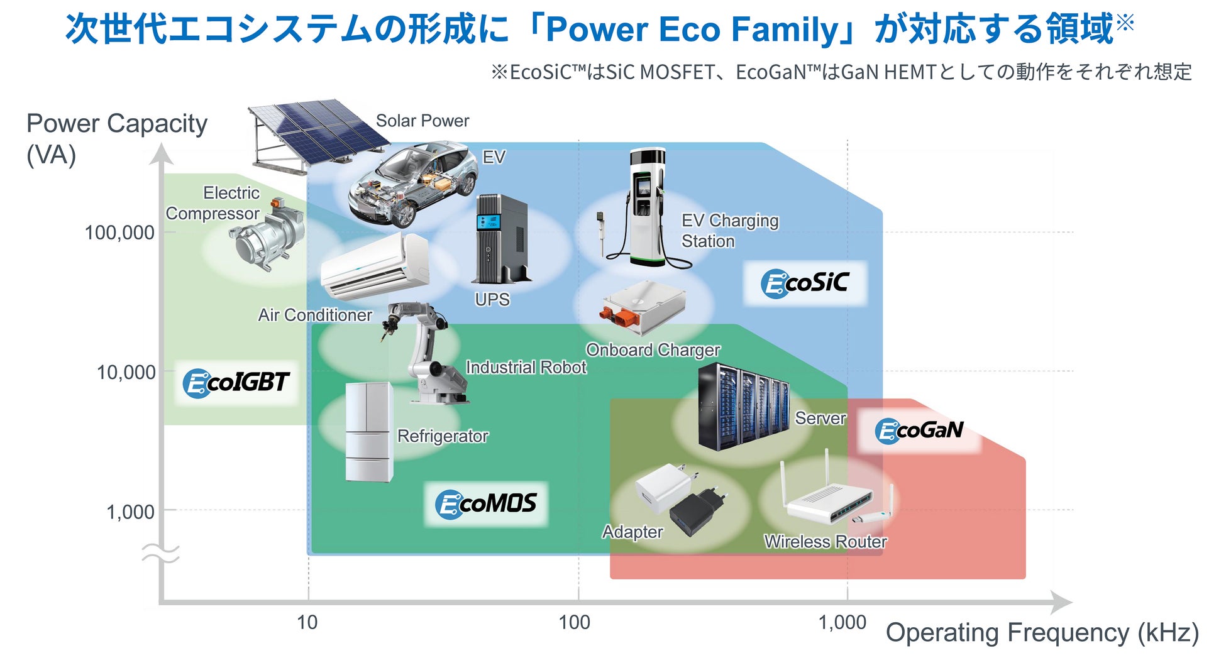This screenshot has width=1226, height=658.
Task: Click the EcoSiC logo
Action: pos(805,283)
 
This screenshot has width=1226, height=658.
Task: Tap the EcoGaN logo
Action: pos(919,430)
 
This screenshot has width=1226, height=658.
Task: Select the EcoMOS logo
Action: pos(486,504)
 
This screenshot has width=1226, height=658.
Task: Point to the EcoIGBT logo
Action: pos(236,383)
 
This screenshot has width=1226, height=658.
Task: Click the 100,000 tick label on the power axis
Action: pos(119,233)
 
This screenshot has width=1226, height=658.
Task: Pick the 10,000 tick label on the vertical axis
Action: pos(126,372)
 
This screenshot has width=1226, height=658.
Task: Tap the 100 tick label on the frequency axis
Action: pos(575,622)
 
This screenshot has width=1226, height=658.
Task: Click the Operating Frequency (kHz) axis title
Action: pos(1042,632)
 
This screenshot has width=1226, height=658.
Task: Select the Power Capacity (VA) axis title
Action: pos(116,138)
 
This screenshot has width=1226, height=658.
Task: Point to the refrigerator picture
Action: pos(369,432)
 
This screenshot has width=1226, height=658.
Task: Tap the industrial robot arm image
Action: pos(424,352)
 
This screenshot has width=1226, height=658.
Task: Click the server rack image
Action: pos(743,407)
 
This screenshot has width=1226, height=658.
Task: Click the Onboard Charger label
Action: pos(653,350)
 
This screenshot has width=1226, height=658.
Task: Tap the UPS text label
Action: pos(492,300)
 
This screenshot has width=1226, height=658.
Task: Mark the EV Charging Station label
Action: pos(729,231)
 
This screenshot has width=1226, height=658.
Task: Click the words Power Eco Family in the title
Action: pos(693,29)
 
